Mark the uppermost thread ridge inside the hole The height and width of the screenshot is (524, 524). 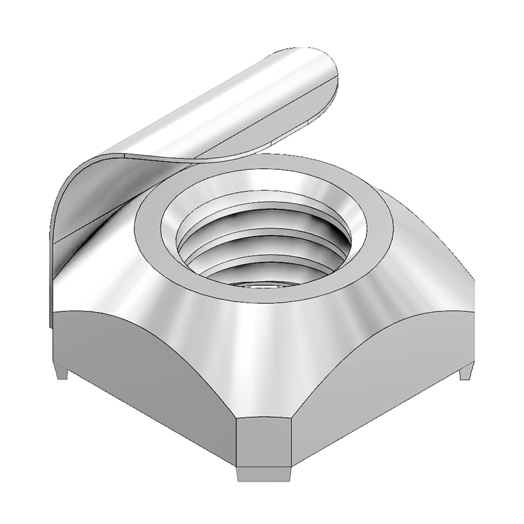tap(262, 220)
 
